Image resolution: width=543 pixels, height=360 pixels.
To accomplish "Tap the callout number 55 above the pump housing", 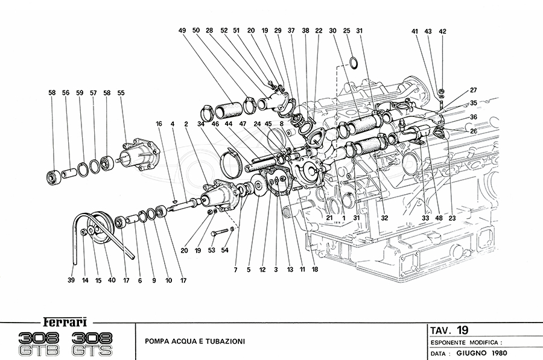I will [121, 93].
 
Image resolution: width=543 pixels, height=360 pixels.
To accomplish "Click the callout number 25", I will [346, 30].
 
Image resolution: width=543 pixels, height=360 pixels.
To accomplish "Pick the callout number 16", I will [159, 123].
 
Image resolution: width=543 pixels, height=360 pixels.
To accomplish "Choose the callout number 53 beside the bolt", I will [212, 250].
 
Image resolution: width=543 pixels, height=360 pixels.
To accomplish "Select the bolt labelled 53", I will [224, 232].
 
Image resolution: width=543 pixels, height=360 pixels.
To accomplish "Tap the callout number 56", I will [65, 93].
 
